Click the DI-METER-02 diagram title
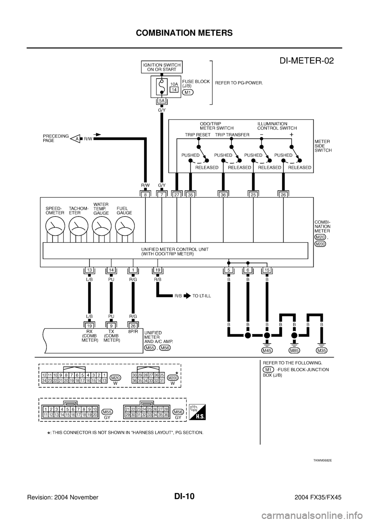(x=304, y=61)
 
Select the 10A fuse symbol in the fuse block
(x=161, y=86)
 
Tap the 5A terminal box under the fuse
(x=162, y=101)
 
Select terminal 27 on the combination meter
(x=176, y=195)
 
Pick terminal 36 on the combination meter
(x=223, y=195)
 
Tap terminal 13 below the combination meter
(x=89, y=270)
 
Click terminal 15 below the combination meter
(x=267, y=270)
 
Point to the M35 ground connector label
(x=322, y=350)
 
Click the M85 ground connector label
(x=294, y=350)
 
